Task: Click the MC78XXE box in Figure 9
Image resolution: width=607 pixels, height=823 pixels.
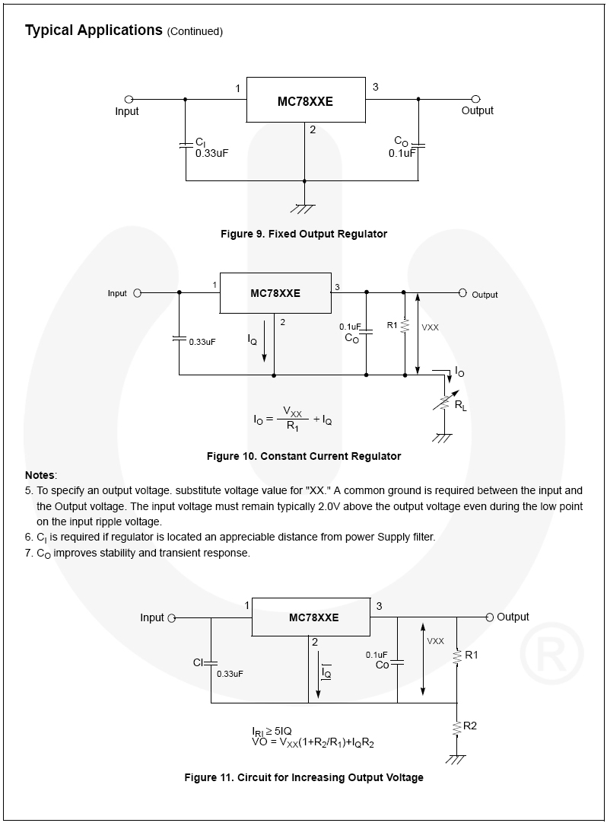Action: coord(305,100)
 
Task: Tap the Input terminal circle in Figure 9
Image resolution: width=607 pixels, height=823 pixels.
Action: coord(129,99)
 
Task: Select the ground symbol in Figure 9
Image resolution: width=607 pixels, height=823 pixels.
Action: coord(304,207)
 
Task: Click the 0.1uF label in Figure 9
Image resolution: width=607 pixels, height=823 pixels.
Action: coord(402,153)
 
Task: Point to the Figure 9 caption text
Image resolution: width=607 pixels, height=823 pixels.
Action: coord(303,234)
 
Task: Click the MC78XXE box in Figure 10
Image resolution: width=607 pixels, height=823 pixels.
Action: coord(275,292)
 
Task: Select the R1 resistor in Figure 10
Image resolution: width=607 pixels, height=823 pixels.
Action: coord(405,326)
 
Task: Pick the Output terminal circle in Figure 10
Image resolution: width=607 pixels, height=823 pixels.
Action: coord(462,293)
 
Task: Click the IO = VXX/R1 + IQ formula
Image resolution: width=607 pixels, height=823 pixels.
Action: coord(293,419)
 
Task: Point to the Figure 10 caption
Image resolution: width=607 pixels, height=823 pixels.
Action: coord(303,456)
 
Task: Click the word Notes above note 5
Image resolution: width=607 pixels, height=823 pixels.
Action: coord(40,475)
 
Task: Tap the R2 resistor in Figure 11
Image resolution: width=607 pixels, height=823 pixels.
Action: coord(457,727)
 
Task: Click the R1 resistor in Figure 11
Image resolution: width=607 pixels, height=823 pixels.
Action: coord(457,656)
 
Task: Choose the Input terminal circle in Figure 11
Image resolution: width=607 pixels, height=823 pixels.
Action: coord(172,618)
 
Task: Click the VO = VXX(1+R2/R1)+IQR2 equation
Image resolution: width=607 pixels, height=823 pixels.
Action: coord(313,741)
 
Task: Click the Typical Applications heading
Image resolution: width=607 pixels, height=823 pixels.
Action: coord(94,30)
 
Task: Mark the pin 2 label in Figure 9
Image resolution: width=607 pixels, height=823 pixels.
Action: coord(312,129)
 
